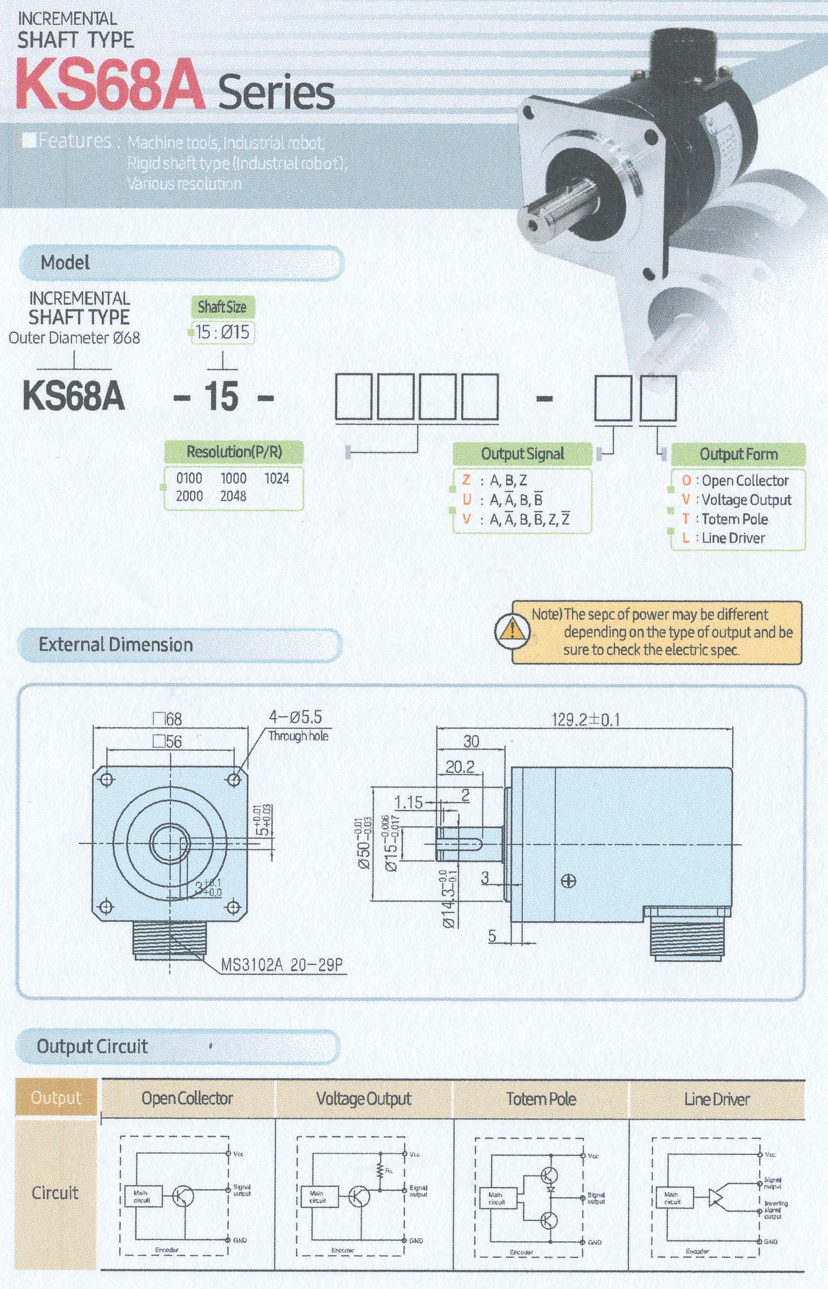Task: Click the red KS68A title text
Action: click(x=110, y=85)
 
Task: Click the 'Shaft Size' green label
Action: click(x=222, y=307)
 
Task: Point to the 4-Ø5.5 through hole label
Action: click(x=295, y=717)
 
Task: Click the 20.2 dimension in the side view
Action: click(x=460, y=767)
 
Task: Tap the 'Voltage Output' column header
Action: click(x=364, y=1099)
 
